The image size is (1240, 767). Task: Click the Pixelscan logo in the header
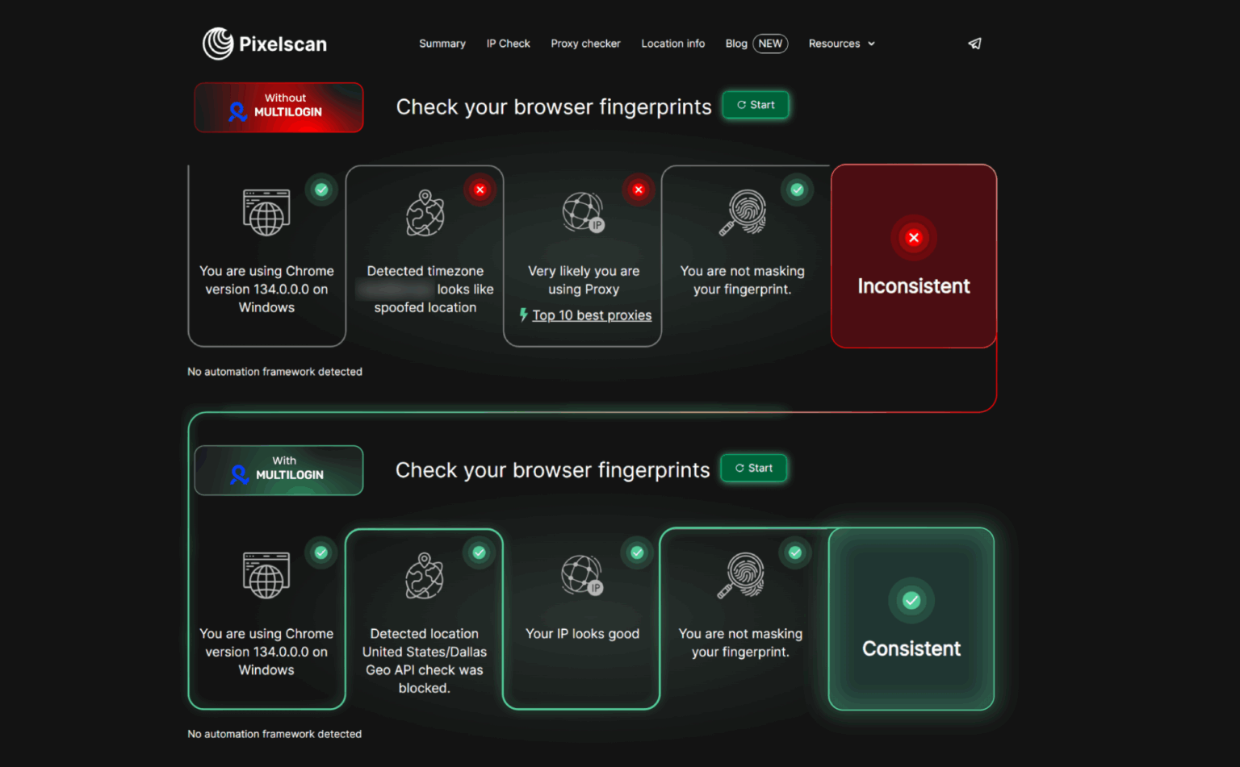[x=265, y=44]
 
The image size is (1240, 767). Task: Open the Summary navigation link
[x=442, y=44]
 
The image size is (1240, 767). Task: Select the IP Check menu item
[x=508, y=44]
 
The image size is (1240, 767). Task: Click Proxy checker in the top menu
[x=585, y=44]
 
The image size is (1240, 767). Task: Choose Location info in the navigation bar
[x=672, y=44]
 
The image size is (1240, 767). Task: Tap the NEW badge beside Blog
[x=770, y=44]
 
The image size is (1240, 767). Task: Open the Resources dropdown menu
[x=841, y=44]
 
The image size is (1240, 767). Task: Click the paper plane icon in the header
[x=974, y=44]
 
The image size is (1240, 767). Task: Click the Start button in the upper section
[x=756, y=105]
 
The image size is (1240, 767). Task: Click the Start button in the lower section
[x=754, y=468]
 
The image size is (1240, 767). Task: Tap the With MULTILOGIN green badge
[x=279, y=469]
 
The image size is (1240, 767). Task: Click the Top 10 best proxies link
[x=591, y=315]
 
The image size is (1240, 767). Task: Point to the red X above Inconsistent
[x=913, y=238]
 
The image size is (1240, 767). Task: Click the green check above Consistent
[x=911, y=600]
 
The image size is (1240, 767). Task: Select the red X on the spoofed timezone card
[x=480, y=190]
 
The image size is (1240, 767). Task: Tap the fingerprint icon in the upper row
[x=744, y=212]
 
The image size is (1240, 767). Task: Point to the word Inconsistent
[x=913, y=286]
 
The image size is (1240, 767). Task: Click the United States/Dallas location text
[x=424, y=652]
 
